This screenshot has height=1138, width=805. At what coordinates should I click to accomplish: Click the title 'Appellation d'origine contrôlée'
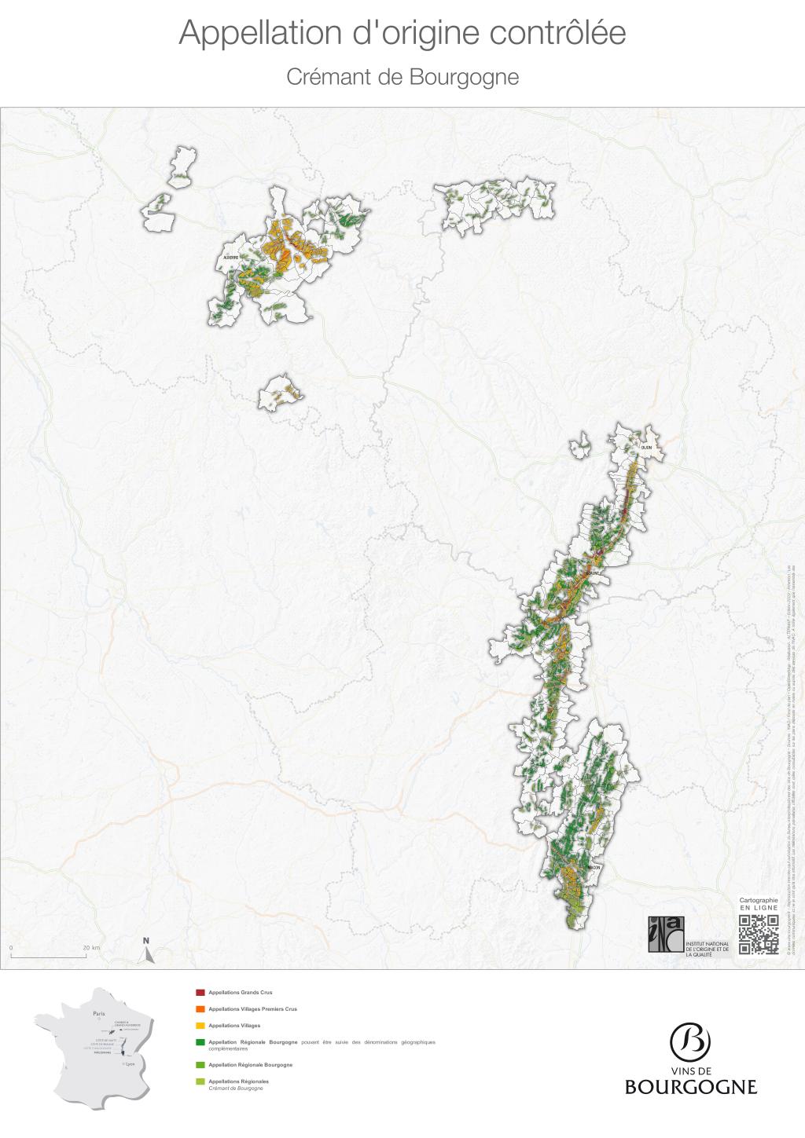pos(402,34)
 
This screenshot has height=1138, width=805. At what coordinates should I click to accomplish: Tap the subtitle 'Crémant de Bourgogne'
pos(402,77)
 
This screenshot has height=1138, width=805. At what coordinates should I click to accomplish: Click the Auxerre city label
pos(230,257)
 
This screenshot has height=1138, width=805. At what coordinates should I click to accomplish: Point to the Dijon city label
pos(646,448)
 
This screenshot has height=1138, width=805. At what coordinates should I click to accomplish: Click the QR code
pos(759,934)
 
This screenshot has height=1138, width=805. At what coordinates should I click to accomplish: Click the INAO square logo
pos(666,934)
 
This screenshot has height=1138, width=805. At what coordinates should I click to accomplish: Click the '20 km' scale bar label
pos(92,948)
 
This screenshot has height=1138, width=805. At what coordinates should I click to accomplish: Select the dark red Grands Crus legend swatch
pos(200,993)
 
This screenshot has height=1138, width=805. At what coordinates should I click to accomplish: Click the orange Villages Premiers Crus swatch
pos(200,1009)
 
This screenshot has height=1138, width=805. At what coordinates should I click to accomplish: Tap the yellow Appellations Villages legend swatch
pos(200,1026)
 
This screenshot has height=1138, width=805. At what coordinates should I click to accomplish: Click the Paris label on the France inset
pos(98,1014)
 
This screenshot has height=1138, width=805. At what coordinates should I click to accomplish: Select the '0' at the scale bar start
pos(11,948)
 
